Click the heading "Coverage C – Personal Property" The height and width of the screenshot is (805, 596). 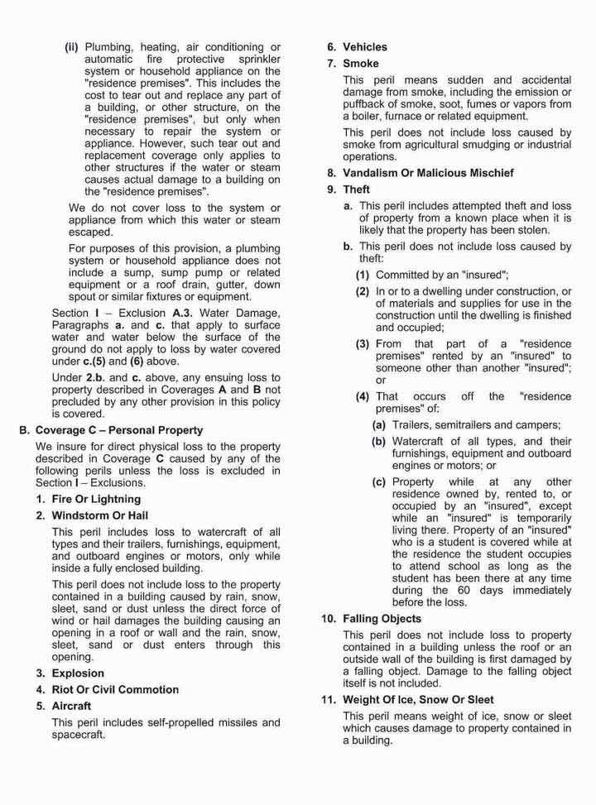(117, 430)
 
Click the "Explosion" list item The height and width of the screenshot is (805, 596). (78, 673)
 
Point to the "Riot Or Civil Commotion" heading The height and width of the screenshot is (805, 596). (115, 689)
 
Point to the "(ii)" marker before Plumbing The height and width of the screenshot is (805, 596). (72, 46)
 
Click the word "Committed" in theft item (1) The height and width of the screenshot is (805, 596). (403, 275)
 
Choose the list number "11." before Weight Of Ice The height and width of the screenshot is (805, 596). (329, 700)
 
